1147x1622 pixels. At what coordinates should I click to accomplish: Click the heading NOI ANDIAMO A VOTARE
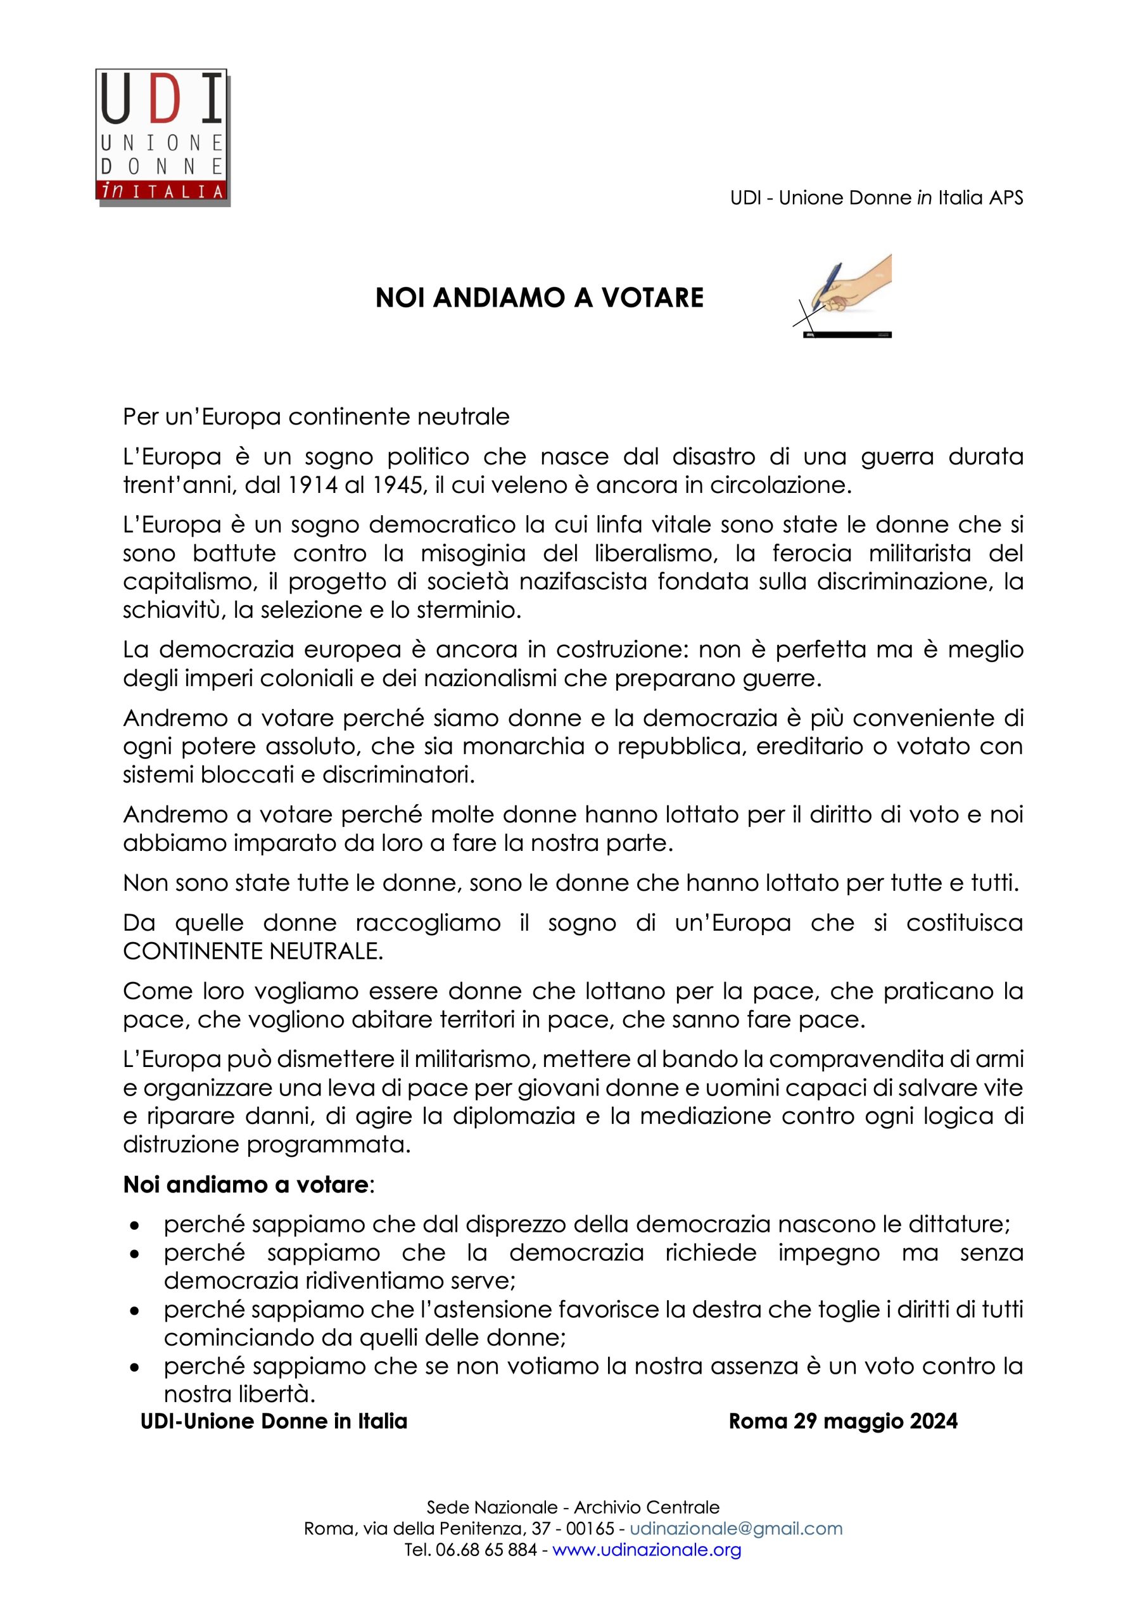(x=540, y=298)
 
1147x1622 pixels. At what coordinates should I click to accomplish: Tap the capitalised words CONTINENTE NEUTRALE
(x=253, y=951)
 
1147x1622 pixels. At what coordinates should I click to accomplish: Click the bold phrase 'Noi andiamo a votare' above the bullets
(x=246, y=1185)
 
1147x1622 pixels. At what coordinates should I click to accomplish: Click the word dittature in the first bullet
(x=956, y=1223)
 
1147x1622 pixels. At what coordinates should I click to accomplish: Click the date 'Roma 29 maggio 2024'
(x=842, y=1421)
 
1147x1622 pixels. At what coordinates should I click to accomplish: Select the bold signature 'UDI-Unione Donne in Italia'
(x=274, y=1421)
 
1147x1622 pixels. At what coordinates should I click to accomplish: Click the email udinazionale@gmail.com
(x=736, y=1529)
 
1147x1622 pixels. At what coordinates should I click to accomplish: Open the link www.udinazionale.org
(x=646, y=1550)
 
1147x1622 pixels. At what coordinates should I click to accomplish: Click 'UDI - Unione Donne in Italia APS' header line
(x=876, y=198)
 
